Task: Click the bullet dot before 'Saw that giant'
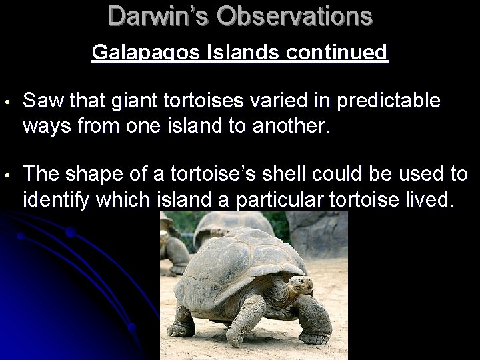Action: tap(6, 103)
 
